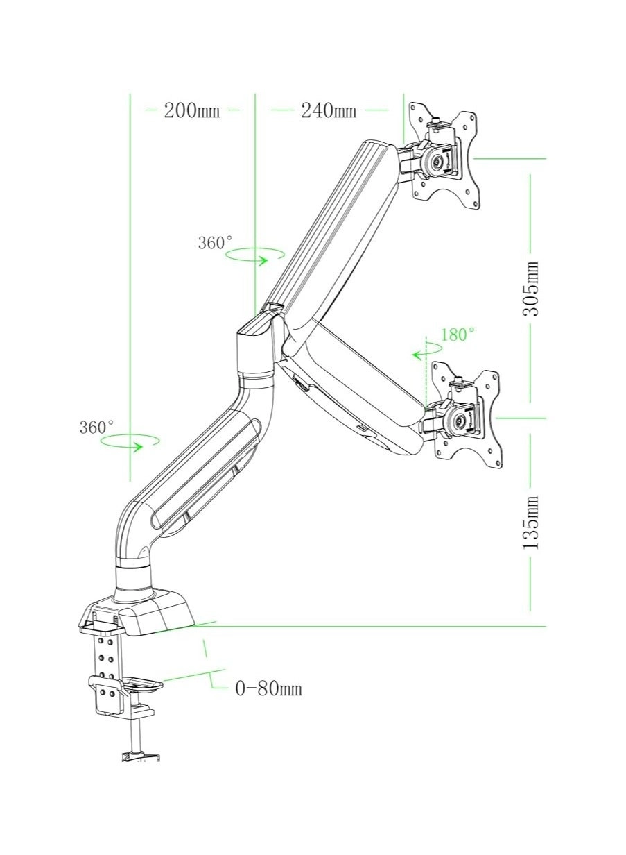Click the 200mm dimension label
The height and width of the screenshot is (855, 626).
tap(191, 110)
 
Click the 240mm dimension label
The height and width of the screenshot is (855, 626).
tap(328, 110)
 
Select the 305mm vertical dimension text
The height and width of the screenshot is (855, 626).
tap(530, 288)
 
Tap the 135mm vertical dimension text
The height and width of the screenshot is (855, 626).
tap(530, 522)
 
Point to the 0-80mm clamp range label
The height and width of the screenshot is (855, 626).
tap(268, 688)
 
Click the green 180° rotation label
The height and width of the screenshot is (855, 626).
tap(458, 335)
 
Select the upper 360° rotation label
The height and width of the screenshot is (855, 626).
tap(215, 243)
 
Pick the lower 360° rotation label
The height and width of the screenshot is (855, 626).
tap(96, 427)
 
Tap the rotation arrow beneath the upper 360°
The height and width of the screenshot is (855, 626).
tap(256, 256)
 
